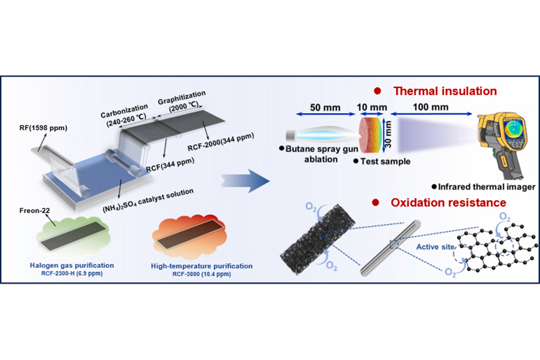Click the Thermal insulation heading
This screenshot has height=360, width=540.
[x=445, y=91]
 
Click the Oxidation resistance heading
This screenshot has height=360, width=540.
[x=448, y=203]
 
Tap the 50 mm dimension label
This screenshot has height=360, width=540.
[x=325, y=107]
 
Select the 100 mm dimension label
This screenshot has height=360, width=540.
[x=430, y=107]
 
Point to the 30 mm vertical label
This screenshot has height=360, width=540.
[x=388, y=134]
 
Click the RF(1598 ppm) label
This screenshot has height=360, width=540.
[x=43, y=128]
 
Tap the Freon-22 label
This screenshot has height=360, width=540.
[x=35, y=211]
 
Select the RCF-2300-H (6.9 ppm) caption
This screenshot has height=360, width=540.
[x=72, y=274]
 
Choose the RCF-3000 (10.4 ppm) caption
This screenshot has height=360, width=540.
[x=201, y=274]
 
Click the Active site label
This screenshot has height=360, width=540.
[x=435, y=247]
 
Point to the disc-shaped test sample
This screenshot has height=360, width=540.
[x=370, y=135]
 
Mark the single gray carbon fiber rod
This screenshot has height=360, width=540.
[x=391, y=247]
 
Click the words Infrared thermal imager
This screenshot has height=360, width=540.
[x=486, y=187]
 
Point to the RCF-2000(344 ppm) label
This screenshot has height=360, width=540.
[x=220, y=142]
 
